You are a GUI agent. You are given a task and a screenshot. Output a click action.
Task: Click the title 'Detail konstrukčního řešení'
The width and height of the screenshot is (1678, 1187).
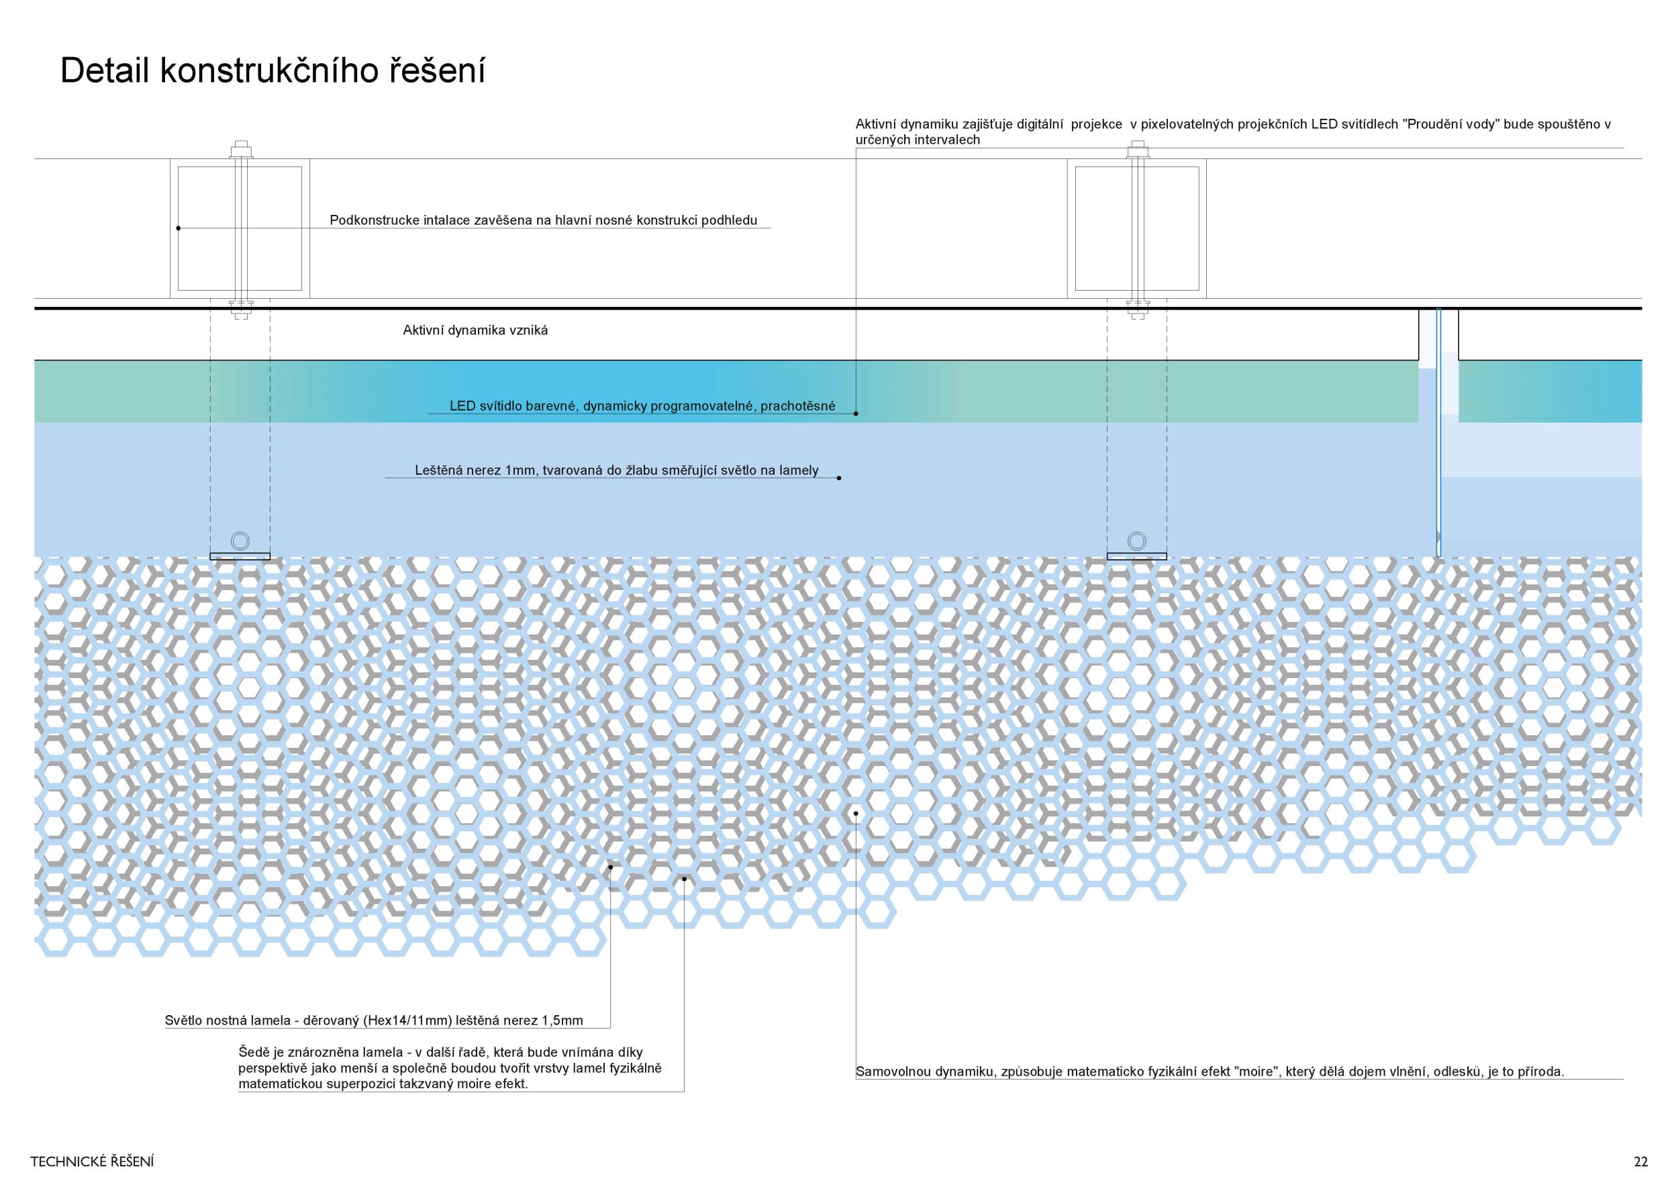(x=272, y=72)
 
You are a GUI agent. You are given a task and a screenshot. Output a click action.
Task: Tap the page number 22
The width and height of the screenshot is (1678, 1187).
(x=1640, y=1161)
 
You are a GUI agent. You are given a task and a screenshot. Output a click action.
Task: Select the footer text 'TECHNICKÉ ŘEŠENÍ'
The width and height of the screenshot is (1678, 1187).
(x=92, y=1161)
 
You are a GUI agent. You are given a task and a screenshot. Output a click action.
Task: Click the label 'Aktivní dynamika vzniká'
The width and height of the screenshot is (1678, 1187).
(x=475, y=330)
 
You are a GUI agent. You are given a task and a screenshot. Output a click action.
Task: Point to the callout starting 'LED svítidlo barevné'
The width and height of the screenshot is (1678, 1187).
(x=642, y=406)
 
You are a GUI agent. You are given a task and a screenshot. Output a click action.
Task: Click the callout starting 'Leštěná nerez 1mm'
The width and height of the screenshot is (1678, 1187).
(x=616, y=471)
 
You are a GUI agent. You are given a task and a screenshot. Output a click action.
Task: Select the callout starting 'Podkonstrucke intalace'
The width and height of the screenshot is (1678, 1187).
(x=543, y=220)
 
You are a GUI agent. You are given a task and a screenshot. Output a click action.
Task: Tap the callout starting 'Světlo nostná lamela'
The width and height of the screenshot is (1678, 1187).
(x=373, y=1020)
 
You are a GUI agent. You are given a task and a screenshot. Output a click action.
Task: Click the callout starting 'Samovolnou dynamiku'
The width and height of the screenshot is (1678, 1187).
(x=1210, y=1072)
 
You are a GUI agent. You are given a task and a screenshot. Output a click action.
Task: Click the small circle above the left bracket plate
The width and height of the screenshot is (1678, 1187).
(x=240, y=542)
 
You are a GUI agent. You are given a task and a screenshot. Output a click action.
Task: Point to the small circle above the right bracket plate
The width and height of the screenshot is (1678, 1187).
(x=1136, y=542)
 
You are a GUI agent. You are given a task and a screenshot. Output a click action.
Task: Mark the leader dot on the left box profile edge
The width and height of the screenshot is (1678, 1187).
(x=179, y=228)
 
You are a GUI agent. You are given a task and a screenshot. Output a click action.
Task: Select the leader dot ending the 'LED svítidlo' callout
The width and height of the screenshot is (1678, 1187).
(x=856, y=414)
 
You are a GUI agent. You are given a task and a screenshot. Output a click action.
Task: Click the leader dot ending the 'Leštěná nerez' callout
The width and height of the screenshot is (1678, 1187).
(x=839, y=478)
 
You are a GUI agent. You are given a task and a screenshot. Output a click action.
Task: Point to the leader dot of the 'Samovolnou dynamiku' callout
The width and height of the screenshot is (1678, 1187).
(x=855, y=813)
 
